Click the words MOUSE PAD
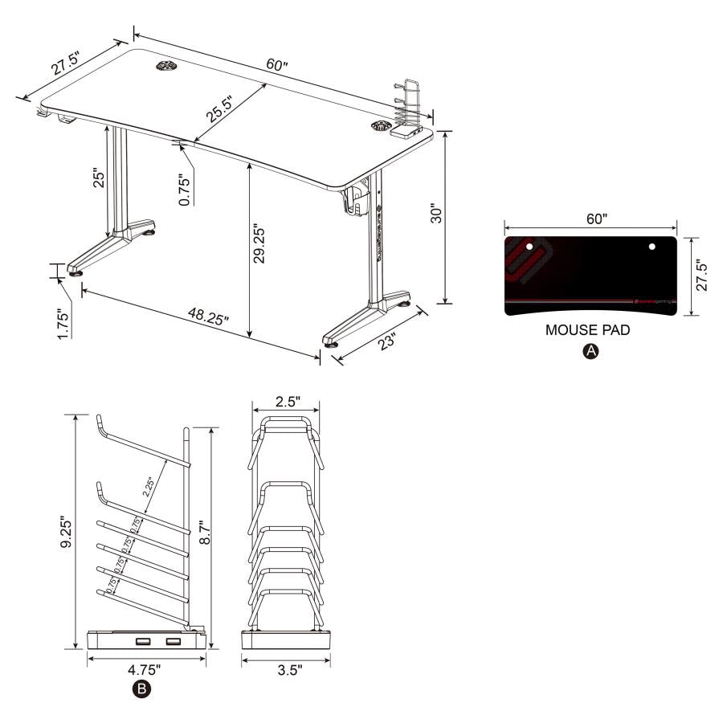(x=587, y=330)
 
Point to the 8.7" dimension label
(x=206, y=530)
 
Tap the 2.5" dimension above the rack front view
(x=286, y=400)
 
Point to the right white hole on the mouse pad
(x=652, y=246)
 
